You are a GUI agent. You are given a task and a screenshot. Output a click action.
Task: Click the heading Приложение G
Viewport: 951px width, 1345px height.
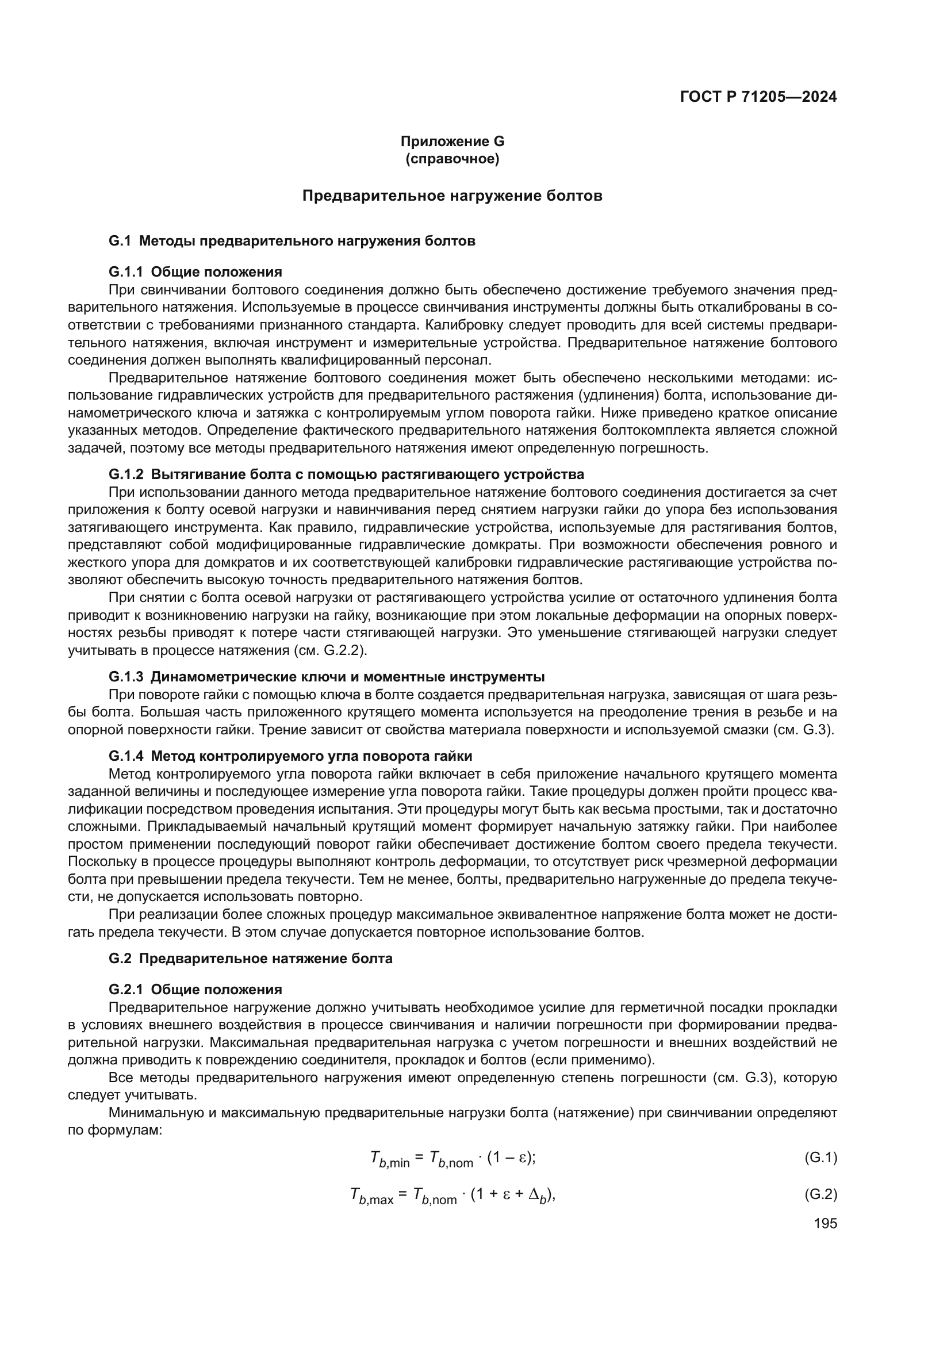tap(452, 141)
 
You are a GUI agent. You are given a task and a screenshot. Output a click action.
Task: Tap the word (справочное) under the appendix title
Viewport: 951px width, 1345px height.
tap(452, 159)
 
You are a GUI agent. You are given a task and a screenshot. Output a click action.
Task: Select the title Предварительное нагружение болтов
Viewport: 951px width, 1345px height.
tap(452, 196)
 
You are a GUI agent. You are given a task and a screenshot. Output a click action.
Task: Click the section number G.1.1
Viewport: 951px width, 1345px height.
tap(126, 272)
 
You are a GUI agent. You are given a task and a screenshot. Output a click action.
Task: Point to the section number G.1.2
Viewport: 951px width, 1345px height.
tap(126, 474)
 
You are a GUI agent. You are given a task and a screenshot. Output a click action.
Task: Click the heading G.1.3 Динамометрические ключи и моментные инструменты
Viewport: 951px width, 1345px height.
tap(327, 677)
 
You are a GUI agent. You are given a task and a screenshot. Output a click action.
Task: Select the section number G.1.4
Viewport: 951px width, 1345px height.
tap(126, 756)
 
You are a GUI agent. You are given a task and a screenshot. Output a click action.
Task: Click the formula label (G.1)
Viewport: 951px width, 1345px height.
tap(820, 1158)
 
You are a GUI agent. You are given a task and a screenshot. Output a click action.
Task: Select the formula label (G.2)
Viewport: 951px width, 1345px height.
tap(820, 1194)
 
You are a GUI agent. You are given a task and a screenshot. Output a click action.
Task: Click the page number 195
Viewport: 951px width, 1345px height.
tap(825, 1223)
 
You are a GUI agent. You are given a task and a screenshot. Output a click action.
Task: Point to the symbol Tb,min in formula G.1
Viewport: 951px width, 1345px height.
tap(389, 1159)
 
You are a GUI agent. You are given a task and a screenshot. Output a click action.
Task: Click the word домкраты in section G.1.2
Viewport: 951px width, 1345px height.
tap(509, 545)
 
